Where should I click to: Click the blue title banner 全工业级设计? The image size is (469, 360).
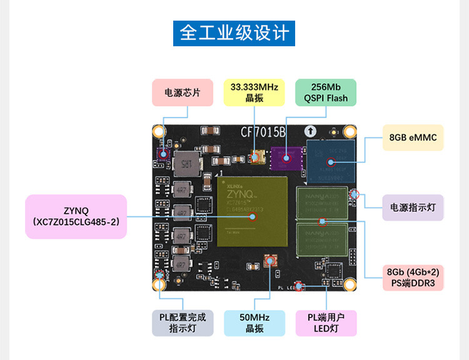pos(234,32)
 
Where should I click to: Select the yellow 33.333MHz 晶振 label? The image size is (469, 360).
pos(254,92)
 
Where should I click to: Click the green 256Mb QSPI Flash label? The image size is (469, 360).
pos(325,92)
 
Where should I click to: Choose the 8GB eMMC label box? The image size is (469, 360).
pos(413,137)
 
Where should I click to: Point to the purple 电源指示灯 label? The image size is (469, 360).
pos(413,207)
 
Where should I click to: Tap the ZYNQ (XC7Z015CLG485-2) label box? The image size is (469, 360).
pos(76,216)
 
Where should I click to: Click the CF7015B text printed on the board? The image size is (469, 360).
pos(263,132)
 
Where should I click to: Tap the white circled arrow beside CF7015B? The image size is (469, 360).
pos(310,131)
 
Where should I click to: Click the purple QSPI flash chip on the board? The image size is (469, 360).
pos(285,158)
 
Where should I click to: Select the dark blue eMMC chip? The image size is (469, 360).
pos(330,161)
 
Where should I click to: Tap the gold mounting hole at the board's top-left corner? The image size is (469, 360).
pos(159,132)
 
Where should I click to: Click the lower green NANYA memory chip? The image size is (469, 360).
pos(322,239)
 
